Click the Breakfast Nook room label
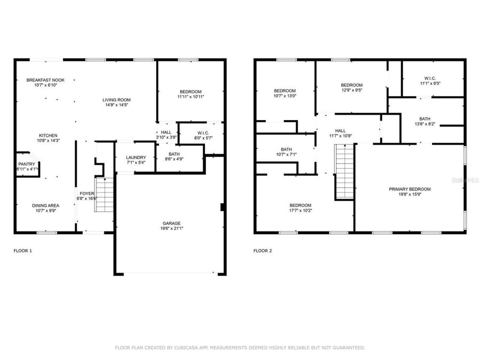pos(45,80)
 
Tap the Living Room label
pos(117,100)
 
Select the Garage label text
pos(171,223)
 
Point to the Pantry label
pos(26,164)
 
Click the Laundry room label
pos(135,157)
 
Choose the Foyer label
pos(87,194)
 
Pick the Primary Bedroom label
pos(409,189)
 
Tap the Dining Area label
pos(45,205)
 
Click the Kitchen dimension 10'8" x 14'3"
pos(47,141)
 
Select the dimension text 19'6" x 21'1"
pos(171,229)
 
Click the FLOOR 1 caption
pos(22,250)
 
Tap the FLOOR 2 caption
pos(262,250)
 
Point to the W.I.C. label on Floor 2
pos(429,77)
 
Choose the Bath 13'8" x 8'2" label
pos(425,119)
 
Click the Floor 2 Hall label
pos(340,131)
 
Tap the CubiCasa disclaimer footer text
pos(240,348)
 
